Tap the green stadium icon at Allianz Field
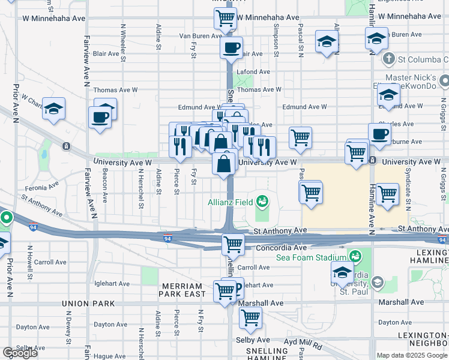tap(262, 200)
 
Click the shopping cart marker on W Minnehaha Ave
tap(224, 19)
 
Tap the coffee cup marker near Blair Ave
tap(232, 47)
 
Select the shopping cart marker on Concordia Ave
tap(232, 244)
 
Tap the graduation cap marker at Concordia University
tap(342, 272)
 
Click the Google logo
tap(20, 353)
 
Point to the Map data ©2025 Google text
tap(411, 355)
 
